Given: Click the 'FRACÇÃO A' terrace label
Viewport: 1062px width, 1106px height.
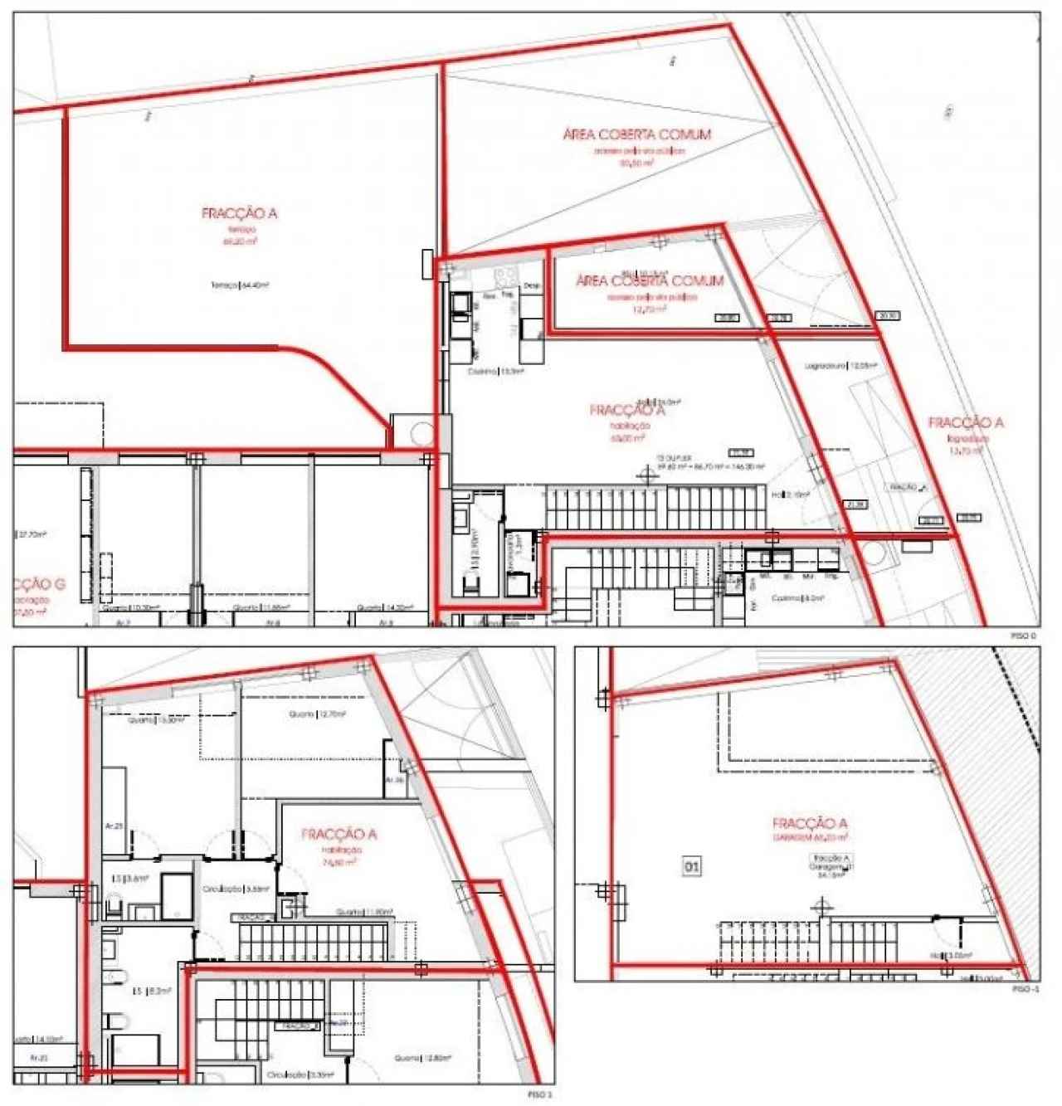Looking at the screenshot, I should click(239, 213).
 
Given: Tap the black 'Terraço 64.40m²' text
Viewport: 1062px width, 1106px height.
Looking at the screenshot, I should click(240, 285).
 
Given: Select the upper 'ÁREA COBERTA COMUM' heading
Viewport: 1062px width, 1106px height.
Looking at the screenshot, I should click(636, 134).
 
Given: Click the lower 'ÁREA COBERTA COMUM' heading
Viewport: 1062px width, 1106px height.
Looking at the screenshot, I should click(650, 281).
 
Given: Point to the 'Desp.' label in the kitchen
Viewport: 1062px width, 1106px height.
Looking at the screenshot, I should click(531, 285).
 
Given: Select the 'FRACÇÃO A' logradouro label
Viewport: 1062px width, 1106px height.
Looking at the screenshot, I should click(966, 422).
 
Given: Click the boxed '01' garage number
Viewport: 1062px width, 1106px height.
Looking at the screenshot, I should click(691, 866).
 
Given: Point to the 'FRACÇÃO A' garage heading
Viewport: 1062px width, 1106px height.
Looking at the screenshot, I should click(809, 823).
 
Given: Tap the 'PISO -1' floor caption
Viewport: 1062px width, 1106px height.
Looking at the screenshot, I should click(1025, 990).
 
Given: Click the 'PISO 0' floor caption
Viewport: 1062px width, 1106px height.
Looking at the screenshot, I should click(1024, 636).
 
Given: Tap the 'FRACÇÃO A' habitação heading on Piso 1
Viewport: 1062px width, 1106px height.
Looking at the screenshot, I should click(339, 834).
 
